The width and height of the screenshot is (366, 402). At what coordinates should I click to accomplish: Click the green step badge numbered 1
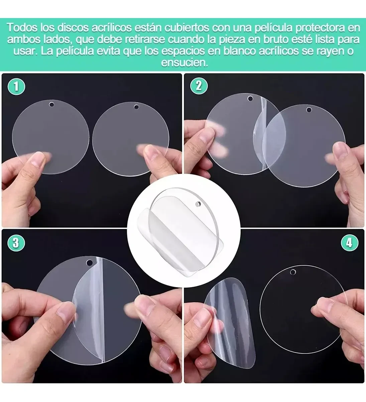(x=16, y=86)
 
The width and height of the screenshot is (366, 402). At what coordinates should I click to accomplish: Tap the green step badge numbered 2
(x=199, y=86)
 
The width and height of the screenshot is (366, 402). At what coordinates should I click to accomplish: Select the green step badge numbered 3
(x=16, y=243)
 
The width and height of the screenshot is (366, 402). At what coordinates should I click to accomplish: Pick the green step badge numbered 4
(x=349, y=243)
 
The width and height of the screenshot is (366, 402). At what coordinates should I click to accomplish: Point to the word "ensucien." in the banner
(x=185, y=63)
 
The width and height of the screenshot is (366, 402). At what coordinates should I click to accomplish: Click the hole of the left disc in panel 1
(x=51, y=105)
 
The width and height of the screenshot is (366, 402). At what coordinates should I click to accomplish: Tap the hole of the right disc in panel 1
(x=136, y=107)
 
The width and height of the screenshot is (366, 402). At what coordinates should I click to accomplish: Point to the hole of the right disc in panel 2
(x=309, y=110)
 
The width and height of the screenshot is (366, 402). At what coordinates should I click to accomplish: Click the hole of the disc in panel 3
(x=89, y=263)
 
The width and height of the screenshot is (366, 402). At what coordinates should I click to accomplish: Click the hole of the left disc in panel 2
(x=250, y=98)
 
